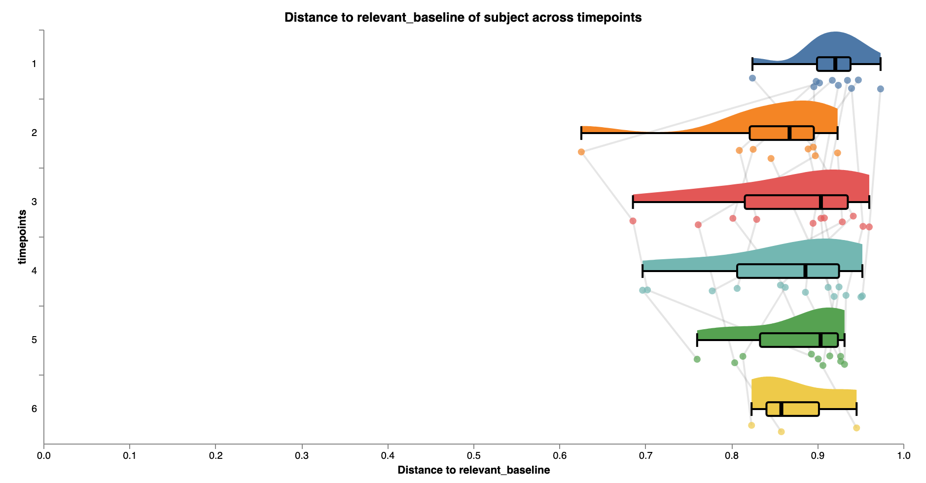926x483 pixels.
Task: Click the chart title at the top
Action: point(463,18)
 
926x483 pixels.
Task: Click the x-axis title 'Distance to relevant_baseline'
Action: point(473,470)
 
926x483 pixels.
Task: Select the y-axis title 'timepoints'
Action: point(22,237)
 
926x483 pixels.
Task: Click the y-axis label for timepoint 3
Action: point(34,202)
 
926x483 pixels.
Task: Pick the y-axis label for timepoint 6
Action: point(34,409)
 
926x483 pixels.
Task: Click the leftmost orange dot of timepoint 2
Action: point(581,152)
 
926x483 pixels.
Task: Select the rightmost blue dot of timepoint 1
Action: point(881,89)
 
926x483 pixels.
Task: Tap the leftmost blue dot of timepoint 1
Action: point(752,78)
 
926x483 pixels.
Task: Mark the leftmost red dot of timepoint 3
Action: point(633,221)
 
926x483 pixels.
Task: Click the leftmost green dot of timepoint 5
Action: point(697,359)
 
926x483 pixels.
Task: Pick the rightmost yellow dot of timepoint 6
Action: point(856,428)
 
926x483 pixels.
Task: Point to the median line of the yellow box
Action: point(782,409)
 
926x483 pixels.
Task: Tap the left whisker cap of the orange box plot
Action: point(582,133)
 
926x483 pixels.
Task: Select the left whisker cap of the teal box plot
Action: point(642,271)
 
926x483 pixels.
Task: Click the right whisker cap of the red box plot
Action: point(869,202)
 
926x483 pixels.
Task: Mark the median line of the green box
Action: point(820,340)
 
